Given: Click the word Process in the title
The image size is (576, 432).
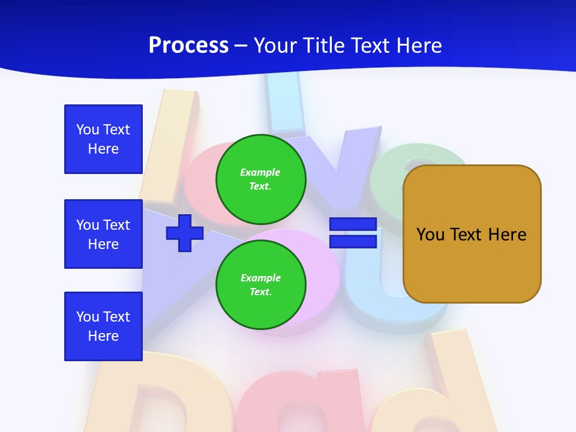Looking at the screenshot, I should [x=188, y=46].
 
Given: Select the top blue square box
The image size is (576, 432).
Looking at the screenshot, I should [x=103, y=139].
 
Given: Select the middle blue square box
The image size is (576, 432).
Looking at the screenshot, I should [x=103, y=234].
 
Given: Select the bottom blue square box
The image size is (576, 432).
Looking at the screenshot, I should [x=103, y=326].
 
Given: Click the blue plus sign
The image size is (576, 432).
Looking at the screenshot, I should [x=185, y=233].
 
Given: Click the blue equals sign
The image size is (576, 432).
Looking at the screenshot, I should [x=353, y=233].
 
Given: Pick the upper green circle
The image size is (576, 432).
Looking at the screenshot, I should [x=261, y=179].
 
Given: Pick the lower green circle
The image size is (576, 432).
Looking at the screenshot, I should [x=261, y=284].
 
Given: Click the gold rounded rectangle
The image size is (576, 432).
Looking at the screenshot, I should [x=472, y=264].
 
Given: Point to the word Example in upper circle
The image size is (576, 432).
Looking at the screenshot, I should [x=260, y=172].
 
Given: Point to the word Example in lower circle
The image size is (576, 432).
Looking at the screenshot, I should [x=260, y=278].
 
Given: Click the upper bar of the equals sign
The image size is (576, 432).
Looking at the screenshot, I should [x=353, y=224].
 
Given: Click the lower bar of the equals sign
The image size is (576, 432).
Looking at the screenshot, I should [x=353, y=242].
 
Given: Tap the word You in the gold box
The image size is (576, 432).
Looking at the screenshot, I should [x=430, y=235].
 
